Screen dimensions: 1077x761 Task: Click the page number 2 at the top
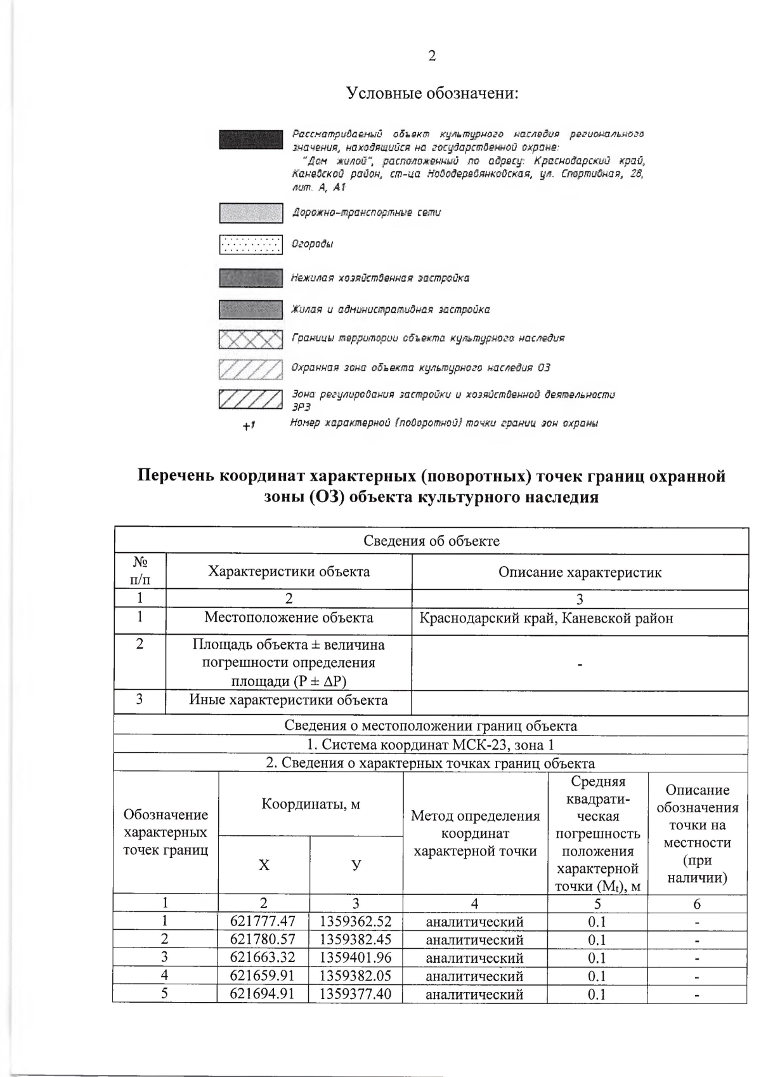pos(432,56)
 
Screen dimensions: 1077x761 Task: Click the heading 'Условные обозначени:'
pos(433,94)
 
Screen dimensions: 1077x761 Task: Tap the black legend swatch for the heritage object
pos(250,140)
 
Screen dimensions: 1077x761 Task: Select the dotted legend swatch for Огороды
pos(250,244)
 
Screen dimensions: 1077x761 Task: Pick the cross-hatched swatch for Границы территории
pos(250,340)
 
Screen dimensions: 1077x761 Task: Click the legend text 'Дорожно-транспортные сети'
pos(366,213)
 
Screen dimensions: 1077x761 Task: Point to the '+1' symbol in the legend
pos(249,425)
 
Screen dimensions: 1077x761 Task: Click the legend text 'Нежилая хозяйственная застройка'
pos(380,278)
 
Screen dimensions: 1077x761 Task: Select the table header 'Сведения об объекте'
pos(431,541)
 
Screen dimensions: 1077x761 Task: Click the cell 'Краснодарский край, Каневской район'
pos(546,618)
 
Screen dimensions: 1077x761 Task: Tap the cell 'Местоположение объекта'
pos(289,618)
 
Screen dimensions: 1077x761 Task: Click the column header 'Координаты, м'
pos(311,804)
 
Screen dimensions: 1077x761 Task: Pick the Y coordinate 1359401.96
pos(355,958)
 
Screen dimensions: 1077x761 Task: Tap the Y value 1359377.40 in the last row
pos(355,993)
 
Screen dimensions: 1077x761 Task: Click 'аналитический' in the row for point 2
pos(474,940)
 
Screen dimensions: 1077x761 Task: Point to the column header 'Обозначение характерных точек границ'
pos(166,832)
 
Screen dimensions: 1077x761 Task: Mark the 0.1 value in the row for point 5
pos(597,994)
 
